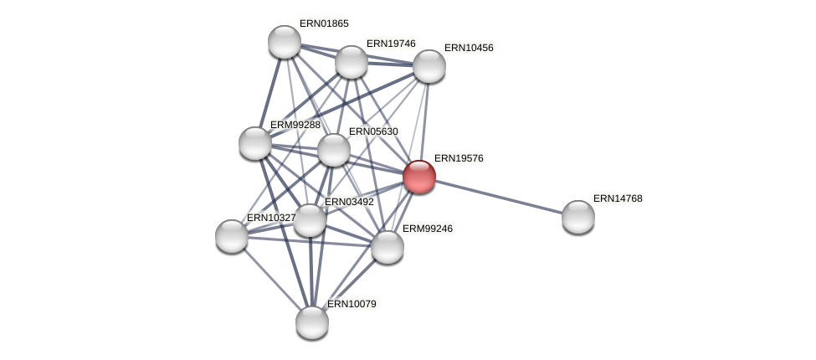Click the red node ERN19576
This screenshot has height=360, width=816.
point(419,177)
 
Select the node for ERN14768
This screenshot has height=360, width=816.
point(578,217)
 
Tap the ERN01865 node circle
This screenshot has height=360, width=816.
point(285,42)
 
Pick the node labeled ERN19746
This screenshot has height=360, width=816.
point(352,62)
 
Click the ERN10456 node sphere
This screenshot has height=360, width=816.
point(429,66)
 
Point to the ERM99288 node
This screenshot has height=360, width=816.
point(255,143)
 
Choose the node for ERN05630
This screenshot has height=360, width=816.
point(334,150)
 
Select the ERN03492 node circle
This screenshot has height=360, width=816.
point(310,220)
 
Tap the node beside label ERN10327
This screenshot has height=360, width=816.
point(232,236)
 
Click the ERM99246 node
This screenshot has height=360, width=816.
point(387,247)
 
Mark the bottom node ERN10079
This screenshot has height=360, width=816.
point(312,322)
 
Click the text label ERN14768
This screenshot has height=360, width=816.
point(618,198)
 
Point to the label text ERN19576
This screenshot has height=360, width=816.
point(459,158)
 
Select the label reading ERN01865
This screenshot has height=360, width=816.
point(324,23)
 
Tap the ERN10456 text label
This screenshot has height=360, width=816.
point(469,48)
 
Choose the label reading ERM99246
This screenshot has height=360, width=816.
point(427,229)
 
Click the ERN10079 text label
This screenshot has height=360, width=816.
point(352,304)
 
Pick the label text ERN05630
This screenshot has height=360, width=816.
point(373,131)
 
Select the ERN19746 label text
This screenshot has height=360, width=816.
point(391,44)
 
